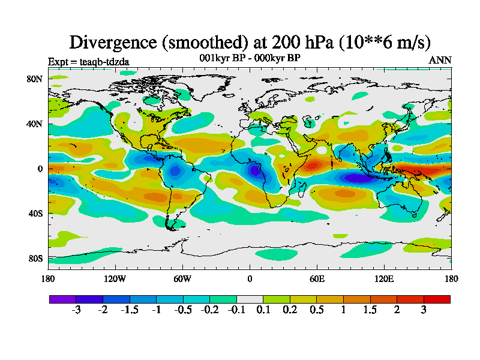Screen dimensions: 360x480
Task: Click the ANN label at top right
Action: [440, 60]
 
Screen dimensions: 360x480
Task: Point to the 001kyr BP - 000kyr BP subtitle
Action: [250, 58]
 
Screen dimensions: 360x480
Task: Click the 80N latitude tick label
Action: [34, 79]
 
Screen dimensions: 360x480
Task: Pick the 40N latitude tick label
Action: [34, 124]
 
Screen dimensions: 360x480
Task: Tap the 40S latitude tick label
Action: [34, 213]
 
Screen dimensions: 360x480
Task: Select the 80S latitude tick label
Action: [34, 258]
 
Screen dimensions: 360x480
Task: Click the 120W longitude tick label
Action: [115, 278]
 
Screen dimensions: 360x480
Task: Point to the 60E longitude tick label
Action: [317, 278]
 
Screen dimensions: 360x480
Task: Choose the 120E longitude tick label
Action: [384, 278]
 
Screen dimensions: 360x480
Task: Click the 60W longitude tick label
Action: [182, 278]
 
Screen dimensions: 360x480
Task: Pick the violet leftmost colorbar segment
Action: [62, 299]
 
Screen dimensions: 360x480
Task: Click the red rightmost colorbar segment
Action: [437, 299]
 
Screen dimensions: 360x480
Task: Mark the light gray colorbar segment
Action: [250, 299]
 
